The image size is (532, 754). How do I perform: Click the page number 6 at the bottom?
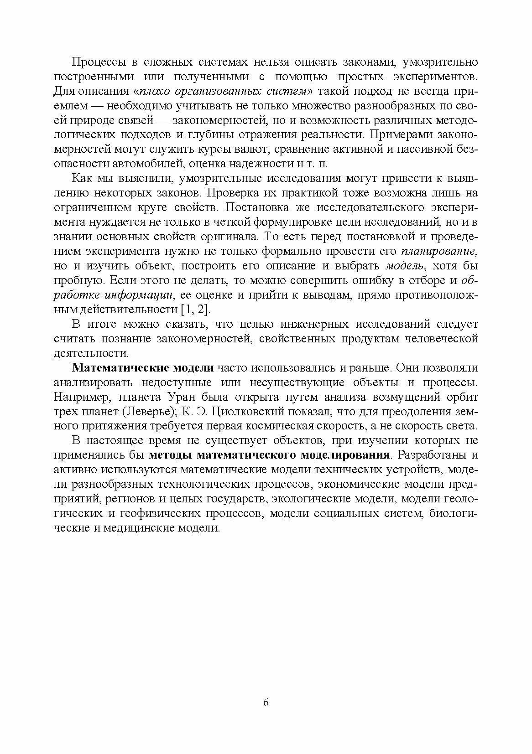266,702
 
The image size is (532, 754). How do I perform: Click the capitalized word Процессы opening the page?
96,62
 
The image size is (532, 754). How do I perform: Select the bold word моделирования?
346,455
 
